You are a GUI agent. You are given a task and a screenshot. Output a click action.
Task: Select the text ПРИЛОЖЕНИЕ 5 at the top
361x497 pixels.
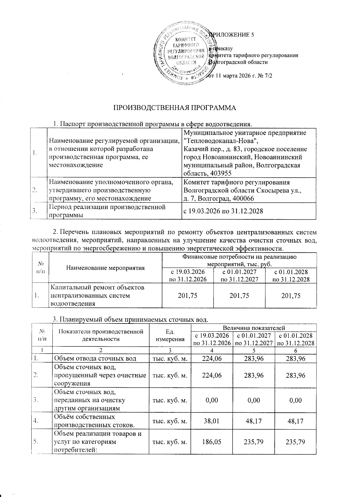[x=232, y=35]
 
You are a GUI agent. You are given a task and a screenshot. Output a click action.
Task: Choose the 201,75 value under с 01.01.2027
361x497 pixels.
[x=239, y=295]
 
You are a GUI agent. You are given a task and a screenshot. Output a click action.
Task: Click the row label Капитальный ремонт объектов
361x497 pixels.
[x=97, y=287]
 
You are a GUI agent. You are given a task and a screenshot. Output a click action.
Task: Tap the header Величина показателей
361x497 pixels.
[x=254, y=328]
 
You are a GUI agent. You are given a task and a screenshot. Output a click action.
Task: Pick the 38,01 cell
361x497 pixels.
[x=212, y=421]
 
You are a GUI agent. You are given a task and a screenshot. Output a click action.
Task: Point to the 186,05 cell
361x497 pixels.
[x=212, y=442]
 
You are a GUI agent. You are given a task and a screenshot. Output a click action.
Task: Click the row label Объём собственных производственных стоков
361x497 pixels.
[x=93, y=421]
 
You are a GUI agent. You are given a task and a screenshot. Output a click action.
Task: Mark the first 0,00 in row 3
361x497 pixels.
[x=212, y=400]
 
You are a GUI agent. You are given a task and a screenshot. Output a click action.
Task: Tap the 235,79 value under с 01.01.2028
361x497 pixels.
[x=296, y=442]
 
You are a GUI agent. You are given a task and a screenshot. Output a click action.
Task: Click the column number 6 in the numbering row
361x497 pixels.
[x=296, y=350]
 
